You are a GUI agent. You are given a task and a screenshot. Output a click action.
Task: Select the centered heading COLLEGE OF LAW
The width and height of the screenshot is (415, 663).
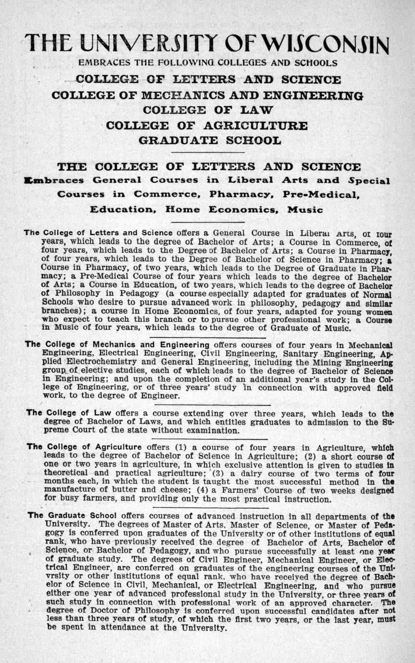click(x=208, y=110)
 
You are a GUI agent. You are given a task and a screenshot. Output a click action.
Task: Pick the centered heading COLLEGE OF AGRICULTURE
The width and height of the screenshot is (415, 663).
click(x=206, y=125)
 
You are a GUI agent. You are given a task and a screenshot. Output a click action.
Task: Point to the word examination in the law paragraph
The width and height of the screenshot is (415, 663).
click(x=212, y=430)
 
